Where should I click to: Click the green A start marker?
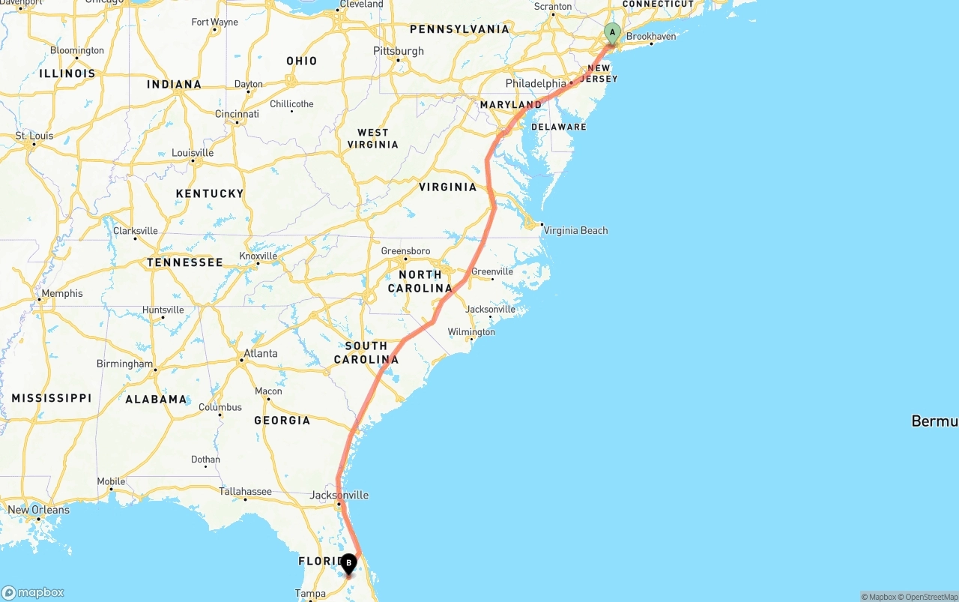[x=612, y=33]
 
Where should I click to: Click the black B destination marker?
[x=348, y=564]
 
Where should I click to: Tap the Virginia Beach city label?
[x=575, y=230]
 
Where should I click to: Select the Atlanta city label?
[x=261, y=353]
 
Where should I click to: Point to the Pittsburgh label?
[x=399, y=51]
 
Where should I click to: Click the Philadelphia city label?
[x=536, y=83]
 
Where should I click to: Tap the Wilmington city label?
[x=471, y=332]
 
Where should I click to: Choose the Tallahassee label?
[x=245, y=492]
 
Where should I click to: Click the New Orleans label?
[x=38, y=510]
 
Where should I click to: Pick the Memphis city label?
[x=62, y=293]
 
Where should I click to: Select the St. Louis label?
[x=34, y=136]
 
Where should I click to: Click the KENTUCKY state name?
[x=210, y=193]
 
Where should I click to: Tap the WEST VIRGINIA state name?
[x=373, y=139]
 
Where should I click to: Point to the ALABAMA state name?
[x=156, y=400]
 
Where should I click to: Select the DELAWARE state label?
[x=559, y=127]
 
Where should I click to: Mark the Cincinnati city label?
[x=237, y=114]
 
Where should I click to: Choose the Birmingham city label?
[x=124, y=364]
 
